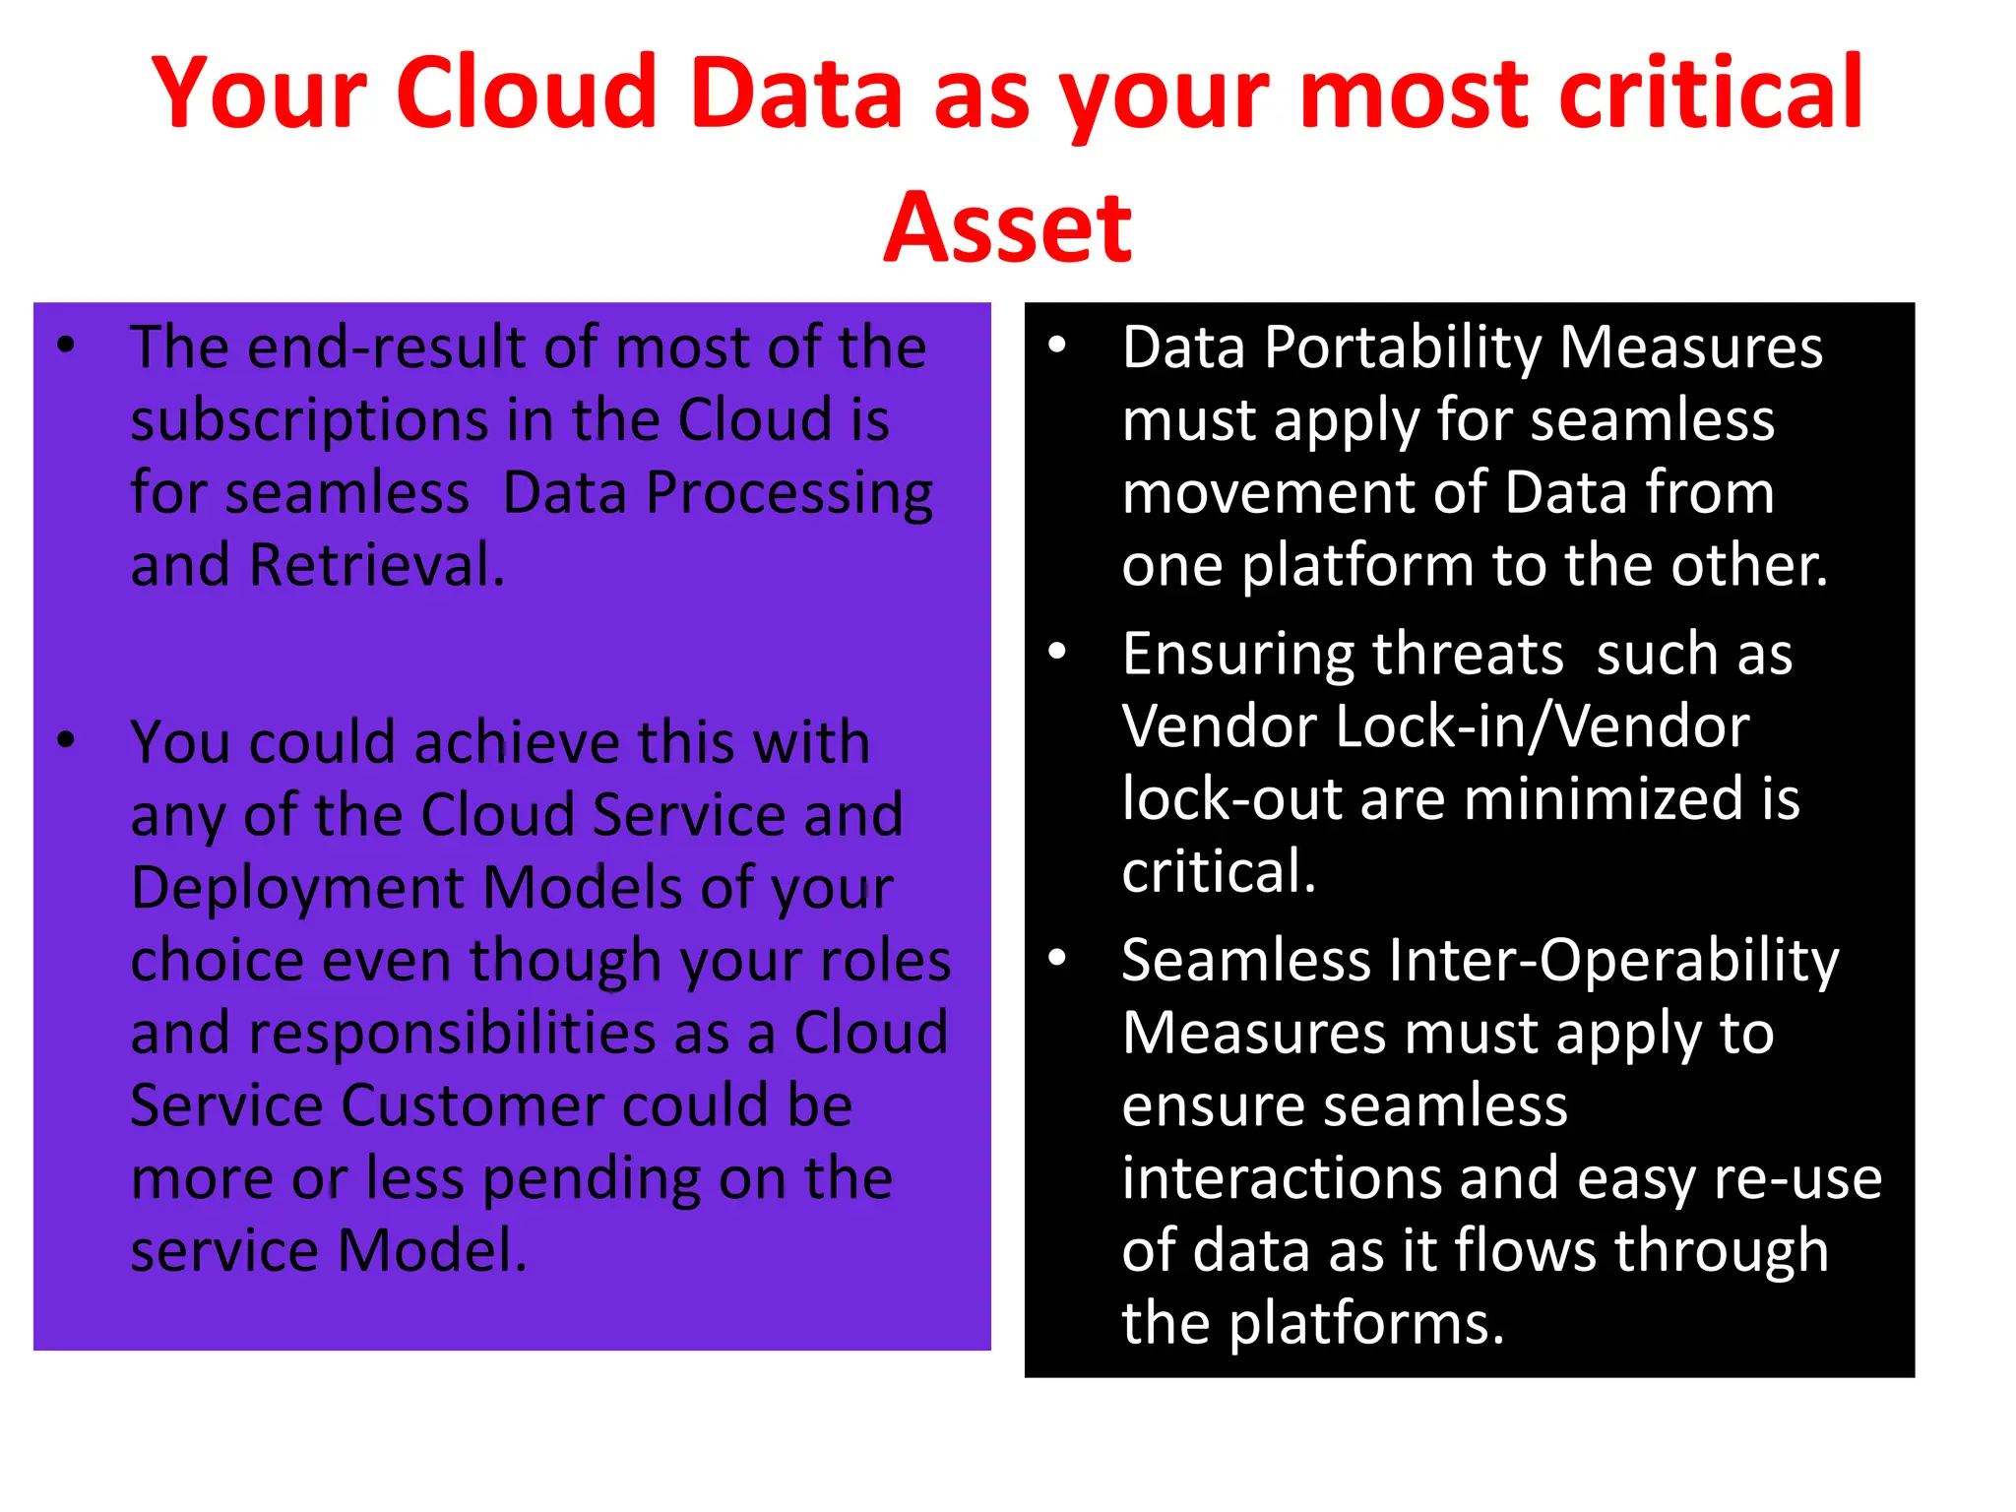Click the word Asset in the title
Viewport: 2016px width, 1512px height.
[x=1007, y=228]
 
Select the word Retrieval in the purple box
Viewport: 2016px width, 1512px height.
[x=377, y=566]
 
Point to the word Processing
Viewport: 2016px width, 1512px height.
[x=788, y=494]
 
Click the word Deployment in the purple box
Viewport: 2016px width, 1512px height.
[x=296, y=889]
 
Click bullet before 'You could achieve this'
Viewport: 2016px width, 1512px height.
[x=66, y=739]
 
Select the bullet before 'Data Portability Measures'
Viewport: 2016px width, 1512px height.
[x=1057, y=345]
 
